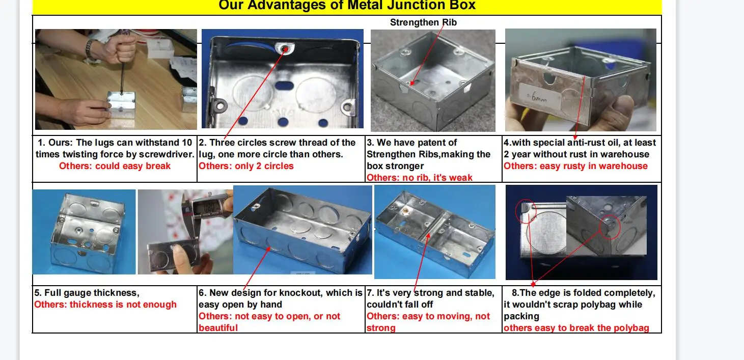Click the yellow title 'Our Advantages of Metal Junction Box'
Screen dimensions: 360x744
point(347,6)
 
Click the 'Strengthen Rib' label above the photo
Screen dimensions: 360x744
point(423,22)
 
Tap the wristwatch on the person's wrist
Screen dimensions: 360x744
point(90,49)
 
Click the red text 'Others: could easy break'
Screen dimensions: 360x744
point(115,166)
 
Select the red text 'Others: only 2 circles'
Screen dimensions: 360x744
point(246,166)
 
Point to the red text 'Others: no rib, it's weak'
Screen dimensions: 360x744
point(420,178)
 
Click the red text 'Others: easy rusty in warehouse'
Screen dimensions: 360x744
point(575,166)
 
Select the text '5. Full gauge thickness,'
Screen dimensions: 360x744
point(87,293)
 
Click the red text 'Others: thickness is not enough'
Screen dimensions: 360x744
point(105,304)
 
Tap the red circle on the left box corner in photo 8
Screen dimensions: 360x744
point(526,211)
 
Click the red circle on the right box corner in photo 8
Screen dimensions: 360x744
point(609,227)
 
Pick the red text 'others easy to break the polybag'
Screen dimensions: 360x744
point(576,328)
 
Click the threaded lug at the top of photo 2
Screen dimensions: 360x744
point(284,49)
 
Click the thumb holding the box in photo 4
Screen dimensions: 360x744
point(621,109)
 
